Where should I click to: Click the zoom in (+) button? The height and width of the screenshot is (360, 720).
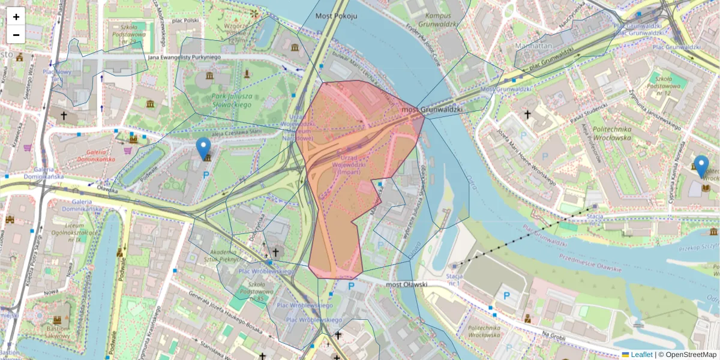coord(16,17)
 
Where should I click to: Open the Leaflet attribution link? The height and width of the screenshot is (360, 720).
coord(641,355)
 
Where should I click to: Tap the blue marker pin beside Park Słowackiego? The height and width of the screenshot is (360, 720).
coord(203,148)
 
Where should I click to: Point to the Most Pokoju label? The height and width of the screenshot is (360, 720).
coord(336,16)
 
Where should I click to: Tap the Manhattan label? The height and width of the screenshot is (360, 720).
coord(533,46)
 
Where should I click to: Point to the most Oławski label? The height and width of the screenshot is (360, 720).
coord(406,284)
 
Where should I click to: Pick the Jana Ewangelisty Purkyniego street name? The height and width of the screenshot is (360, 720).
coord(184,57)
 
